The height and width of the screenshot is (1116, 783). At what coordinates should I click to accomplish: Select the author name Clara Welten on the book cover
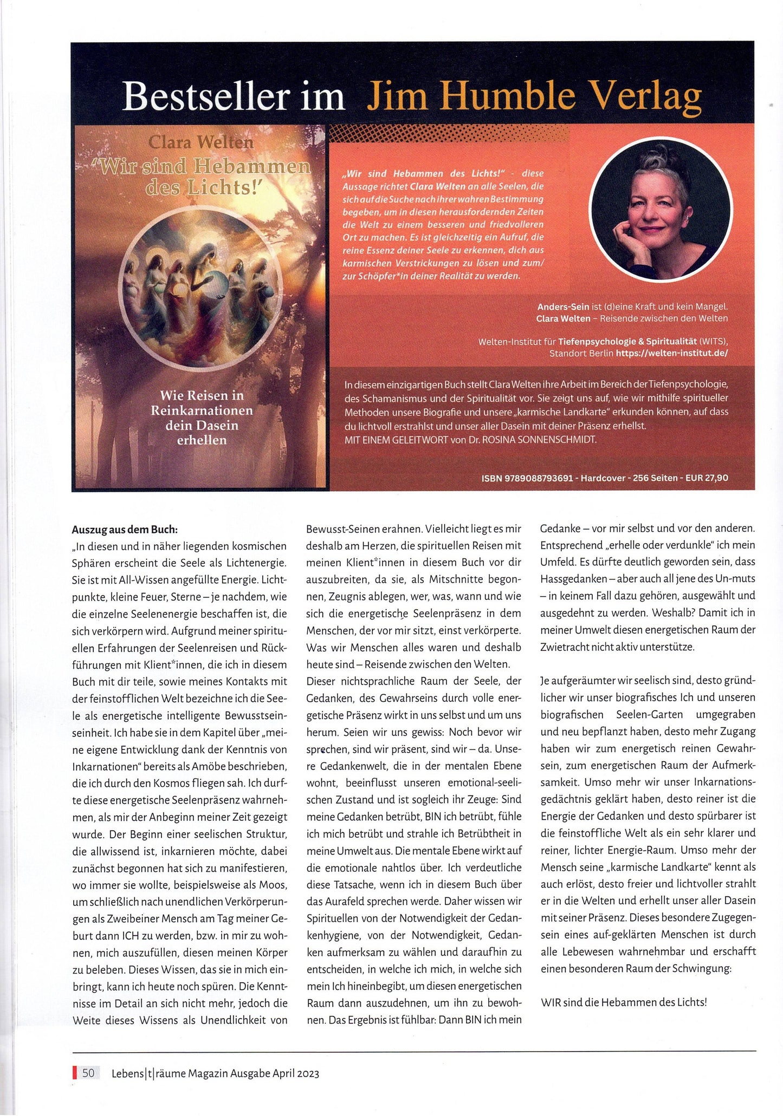coord(201,142)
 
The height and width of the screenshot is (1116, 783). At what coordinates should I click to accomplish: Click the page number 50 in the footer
coord(88,1073)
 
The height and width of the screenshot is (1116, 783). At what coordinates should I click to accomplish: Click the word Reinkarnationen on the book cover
coord(202,410)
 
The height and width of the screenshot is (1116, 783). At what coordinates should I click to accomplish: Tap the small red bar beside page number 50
coord(74,1073)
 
